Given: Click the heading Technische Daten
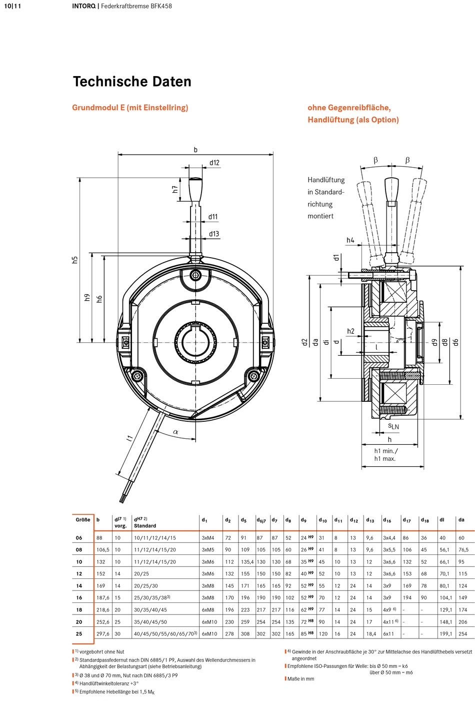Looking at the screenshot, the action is click(x=132, y=82).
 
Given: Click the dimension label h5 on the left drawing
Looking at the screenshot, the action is click(x=74, y=260).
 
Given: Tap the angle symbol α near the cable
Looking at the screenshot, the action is click(x=175, y=432).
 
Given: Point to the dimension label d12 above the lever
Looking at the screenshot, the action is click(x=214, y=163).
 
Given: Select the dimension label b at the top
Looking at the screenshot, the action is click(x=196, y=150).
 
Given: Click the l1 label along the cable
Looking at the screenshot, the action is click(x=129, y=438).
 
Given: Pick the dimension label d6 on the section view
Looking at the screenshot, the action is click(x=455, y=342).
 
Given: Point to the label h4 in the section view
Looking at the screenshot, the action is click(x=350, y=240).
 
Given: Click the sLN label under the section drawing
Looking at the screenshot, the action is click(x=393, y=426).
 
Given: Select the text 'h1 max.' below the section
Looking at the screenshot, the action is click(x=385, y=459).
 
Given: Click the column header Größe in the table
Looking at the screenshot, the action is click(x=83, y=520).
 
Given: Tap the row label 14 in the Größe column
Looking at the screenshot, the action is click(x=79, y=586).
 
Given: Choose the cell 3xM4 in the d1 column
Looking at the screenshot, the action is click(x=208, y=538).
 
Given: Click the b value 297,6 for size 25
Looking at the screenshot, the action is click(x=103, y=634).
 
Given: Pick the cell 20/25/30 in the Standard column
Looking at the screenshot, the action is click(x=146, y=586).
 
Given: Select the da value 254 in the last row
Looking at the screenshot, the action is click(x=463, y=634).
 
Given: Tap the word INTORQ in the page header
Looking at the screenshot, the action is click(x=84, y=6).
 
